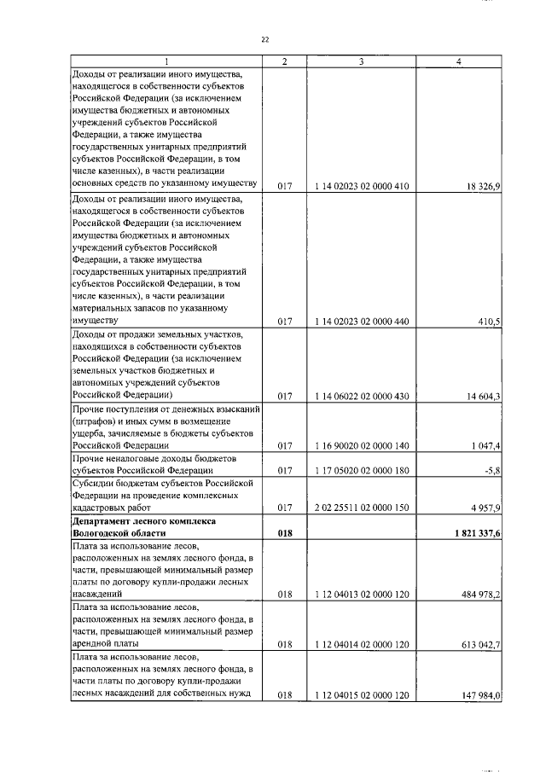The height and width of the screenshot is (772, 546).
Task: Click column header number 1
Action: tap(166, 61)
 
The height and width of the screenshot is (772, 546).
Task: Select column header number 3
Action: tap(362, 61)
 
